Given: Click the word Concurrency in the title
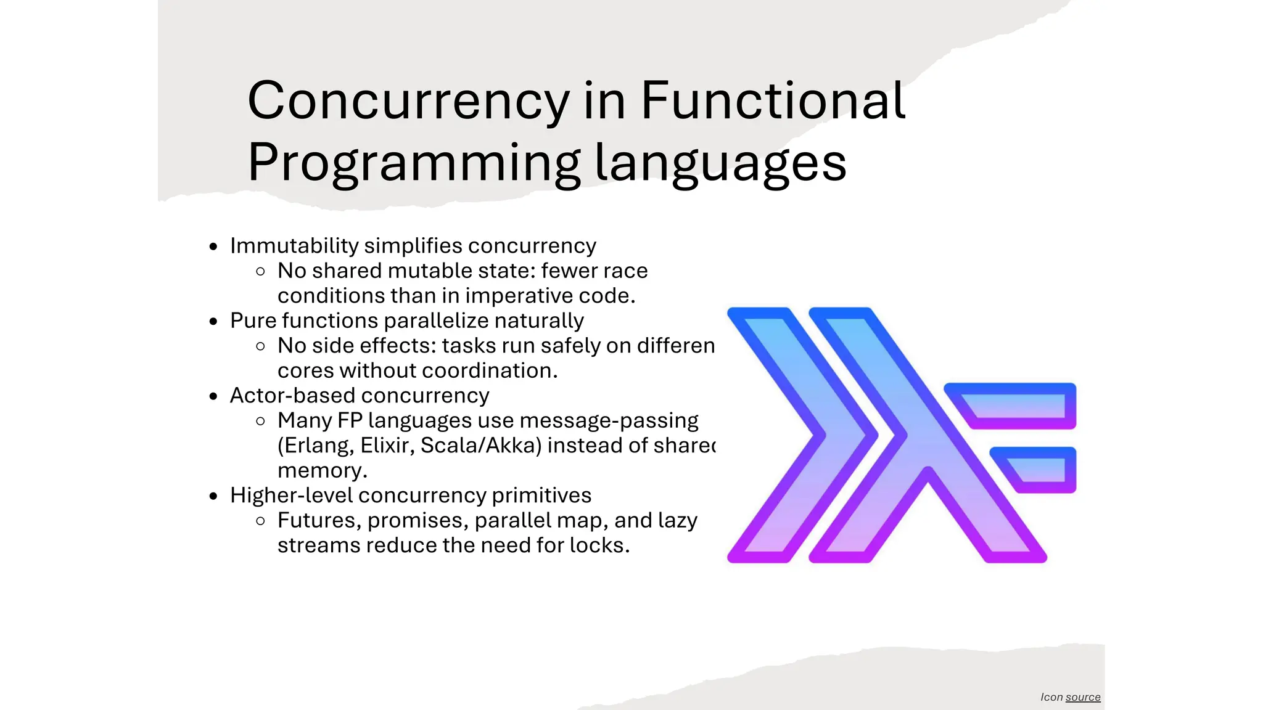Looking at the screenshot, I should click(x=408, y=100).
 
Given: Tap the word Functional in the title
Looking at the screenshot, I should click(x=773, y=100).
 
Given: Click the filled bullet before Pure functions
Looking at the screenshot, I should click(x=213, y=322).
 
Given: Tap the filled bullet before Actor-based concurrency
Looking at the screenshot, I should click(x=213, y=396).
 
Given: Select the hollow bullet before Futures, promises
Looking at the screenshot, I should click(x=260, y=521).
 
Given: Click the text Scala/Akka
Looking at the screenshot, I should click(x=480, y=446).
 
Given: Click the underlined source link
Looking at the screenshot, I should click(x=1083, y=697).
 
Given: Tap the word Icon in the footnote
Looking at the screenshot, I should click(x=1051, y=697).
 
